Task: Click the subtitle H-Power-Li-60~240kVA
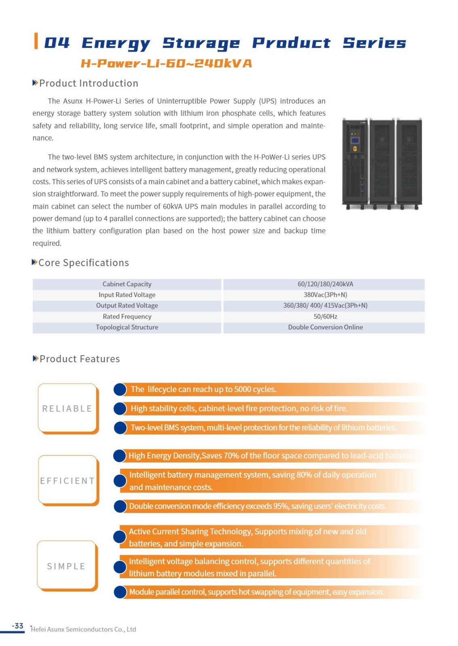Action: [x=166, y=63]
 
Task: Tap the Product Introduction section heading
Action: [x=89, y=83]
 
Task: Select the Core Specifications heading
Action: [x=83, y=263]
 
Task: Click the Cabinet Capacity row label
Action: [x=127, y=284]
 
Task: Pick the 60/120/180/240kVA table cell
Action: [x=325, y=284]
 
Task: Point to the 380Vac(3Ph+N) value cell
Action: [x=325, y=295]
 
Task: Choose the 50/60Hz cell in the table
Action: [x=325, y=317]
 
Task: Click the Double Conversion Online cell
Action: [x=325, y=327]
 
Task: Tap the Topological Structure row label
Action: [x=127, y=327]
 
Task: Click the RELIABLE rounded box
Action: [x=68, y=408]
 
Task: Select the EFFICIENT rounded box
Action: [x=68, y=480]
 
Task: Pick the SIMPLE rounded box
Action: [x=67, y=566]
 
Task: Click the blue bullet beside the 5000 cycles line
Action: [x=120, y=389]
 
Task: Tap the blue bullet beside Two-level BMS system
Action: [x=120, y=428]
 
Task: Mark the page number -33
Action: [x=18, y=626]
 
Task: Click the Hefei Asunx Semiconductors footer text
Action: [x=83, y=629]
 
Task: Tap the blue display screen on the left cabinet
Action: [x=355, y=141]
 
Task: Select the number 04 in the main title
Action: [x=57, y=42]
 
